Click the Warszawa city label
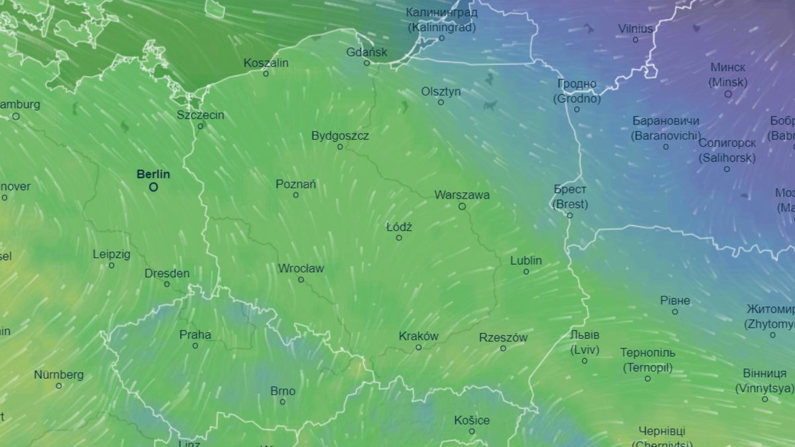click(462, 195)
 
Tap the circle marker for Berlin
click(154, 187)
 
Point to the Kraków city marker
click(419, 348)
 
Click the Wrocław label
click(301, 268)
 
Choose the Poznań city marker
click(295, 195)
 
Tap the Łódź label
click(399, 227)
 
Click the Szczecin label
click(200, 115)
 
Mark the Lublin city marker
click(526, 272)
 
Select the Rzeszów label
click(503, 337)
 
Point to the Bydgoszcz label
click(340, 136)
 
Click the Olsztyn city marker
click(441, 103)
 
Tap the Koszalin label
click(266, 63)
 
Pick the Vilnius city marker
click(635, 40)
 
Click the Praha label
click(195, 334)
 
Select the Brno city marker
click(283, 402)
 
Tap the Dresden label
click(167, 273)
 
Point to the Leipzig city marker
click(111, 266)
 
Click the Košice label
click(472, 420)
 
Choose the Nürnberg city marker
click(59, 385)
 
